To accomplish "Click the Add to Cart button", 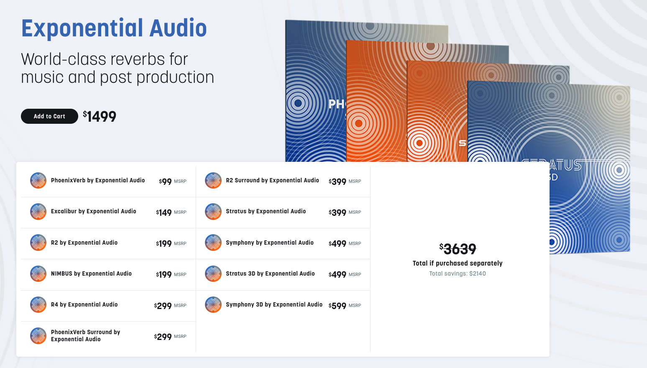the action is [49, 116].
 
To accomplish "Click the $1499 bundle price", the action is [100, 116].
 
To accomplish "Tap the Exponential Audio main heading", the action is [114, 28].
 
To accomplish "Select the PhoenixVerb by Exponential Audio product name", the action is [98, 180].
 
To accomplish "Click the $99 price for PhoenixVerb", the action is [165, 181].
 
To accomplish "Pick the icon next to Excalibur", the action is [38, 212].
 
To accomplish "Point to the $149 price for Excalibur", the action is [164, 212].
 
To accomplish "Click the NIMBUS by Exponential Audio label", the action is [91, 273].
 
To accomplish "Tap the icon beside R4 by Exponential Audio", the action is [38, 304].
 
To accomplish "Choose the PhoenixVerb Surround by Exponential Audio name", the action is [85, 336].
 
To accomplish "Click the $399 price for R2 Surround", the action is [338, 181].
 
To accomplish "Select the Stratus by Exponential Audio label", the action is [266, 211].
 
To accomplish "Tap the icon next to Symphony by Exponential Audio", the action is [213, 243].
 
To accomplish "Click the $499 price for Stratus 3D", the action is [338, 274].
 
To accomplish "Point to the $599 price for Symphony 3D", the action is [338, 306].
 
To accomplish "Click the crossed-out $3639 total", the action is [458, 249].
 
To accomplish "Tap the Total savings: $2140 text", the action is [458, 273].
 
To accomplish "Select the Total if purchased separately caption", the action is [458, 263].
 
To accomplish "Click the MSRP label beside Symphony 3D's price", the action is [355, 305].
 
